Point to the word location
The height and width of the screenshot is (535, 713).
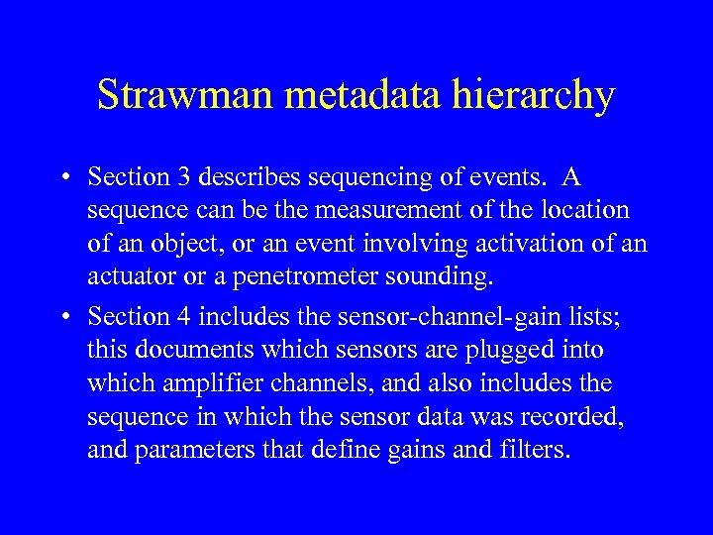pos(584,210)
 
